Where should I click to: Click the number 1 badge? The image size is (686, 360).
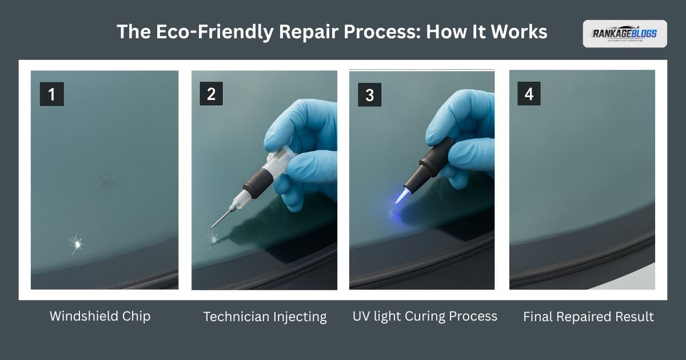click(x=51, y=94)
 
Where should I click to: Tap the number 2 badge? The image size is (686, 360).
click(x=211, y=94)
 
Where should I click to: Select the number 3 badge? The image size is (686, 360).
click(x=369, y=95)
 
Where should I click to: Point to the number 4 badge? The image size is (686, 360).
click(x=529, y=94)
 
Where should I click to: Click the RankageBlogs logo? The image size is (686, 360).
click(x=624, y=34)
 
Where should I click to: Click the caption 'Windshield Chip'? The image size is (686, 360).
click(x=100, y=316)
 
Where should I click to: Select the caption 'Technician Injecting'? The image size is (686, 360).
click(x=265, y=317)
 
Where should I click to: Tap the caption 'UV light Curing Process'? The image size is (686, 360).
click(x=425, y=316)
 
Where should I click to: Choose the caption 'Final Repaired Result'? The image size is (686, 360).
click(x=588, y=317)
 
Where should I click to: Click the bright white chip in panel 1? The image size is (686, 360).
click(x=76, y=243)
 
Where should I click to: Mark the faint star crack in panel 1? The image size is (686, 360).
click(x=107, y=181)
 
